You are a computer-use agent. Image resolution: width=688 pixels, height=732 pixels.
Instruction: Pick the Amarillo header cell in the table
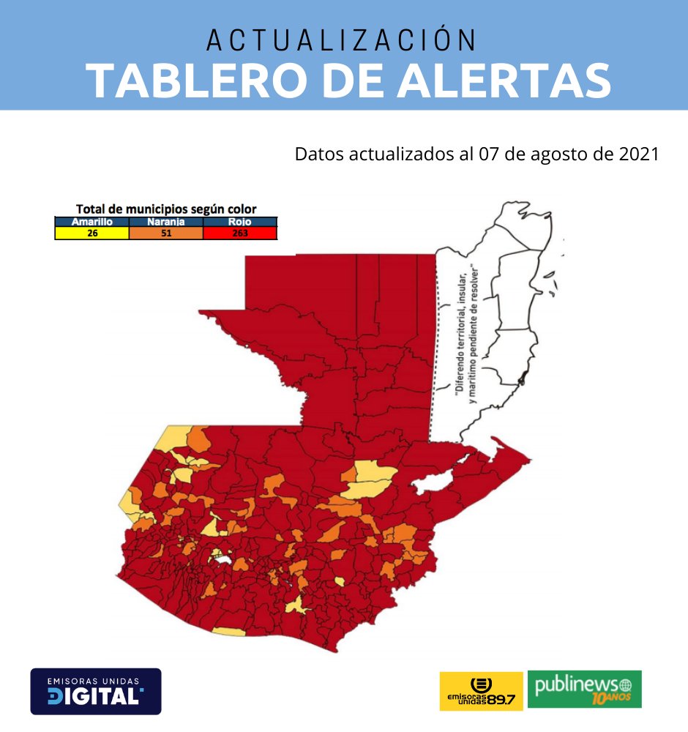pyautogui.click(x=91, y=221)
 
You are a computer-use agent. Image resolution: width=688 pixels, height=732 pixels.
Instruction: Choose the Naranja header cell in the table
pyautogui.click(x=165, y=221)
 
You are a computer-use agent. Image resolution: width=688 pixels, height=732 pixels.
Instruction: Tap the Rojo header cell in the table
pyautogui.click(x=240, y=221)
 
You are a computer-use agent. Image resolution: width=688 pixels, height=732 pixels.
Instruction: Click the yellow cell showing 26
pyautogui.click(x=91, y=234)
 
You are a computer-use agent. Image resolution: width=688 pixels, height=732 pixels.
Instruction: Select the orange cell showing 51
pyautogui.click(x=165, y=234)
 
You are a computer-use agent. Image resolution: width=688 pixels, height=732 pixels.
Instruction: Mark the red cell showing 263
pyautogui.click(x=240, y=234)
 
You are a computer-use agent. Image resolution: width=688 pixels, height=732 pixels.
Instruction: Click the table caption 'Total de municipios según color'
pyautogui.click(x=166, y=209)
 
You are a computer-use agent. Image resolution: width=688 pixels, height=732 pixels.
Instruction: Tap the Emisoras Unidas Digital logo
pyautogui.click(x=95, y=691)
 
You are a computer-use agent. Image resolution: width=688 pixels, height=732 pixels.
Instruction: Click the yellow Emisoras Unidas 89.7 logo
pyautogui.click(x=481, y=690)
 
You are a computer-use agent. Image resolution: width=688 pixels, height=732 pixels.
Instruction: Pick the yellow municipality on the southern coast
pyautogui.click(x=228, y=631)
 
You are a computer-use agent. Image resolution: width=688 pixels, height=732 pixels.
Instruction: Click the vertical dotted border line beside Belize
pyautogui.click(x=444, y=344)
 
